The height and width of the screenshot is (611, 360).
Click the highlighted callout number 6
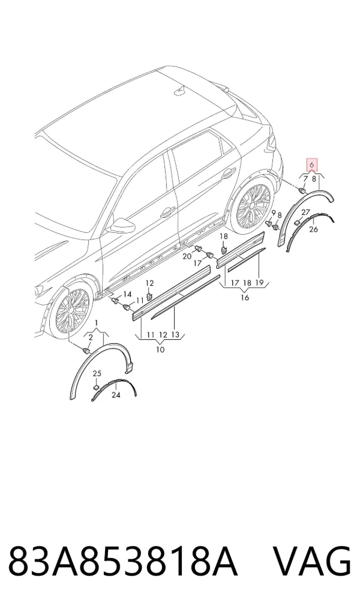[312, 164]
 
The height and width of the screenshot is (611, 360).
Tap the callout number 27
[305, 212]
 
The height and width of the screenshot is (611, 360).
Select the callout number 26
[314, 229]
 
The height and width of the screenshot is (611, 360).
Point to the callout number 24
[116, 395]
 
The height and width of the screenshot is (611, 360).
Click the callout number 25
[97, 374]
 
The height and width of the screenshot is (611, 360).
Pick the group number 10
[160, 349]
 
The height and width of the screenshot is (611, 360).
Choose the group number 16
[245, 298]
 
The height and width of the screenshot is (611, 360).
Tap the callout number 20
[187, 256]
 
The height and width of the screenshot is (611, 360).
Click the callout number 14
[127, 294]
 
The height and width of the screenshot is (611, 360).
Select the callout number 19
[259, 283]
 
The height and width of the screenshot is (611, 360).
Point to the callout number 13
[175, 334]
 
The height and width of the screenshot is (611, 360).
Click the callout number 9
[274, 212]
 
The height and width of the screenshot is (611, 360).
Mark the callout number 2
[91, 337]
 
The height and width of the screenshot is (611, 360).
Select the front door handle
[167, 212]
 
